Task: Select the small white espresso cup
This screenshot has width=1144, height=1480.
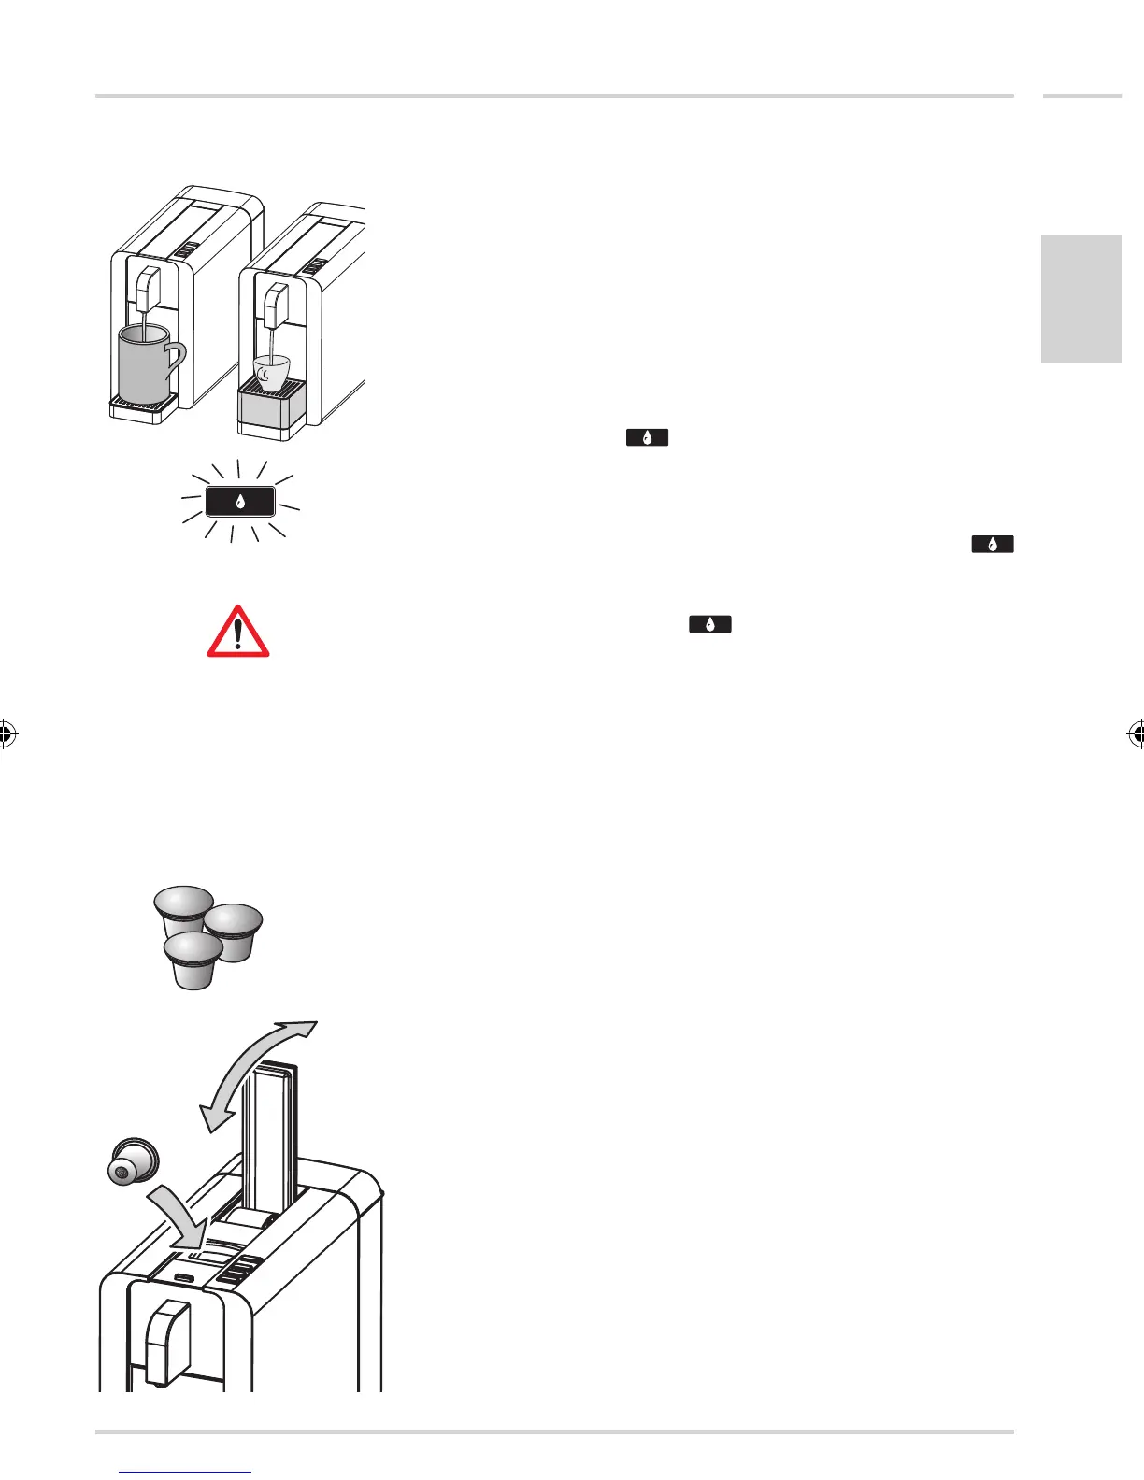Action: point(271,372)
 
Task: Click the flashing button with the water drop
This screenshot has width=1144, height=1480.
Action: point(240,502)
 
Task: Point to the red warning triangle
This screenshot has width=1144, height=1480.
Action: point(238,633)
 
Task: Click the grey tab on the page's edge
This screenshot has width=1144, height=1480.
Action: point(1080,298)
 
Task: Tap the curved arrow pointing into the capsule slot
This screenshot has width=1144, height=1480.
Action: point(178,1215)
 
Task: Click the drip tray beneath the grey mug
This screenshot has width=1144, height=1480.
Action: point(143,404)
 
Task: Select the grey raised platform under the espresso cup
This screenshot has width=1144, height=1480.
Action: point(273,407)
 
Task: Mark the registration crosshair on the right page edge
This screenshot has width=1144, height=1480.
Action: point(1137,734)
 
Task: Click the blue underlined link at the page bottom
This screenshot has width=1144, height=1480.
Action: point(186,1473)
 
